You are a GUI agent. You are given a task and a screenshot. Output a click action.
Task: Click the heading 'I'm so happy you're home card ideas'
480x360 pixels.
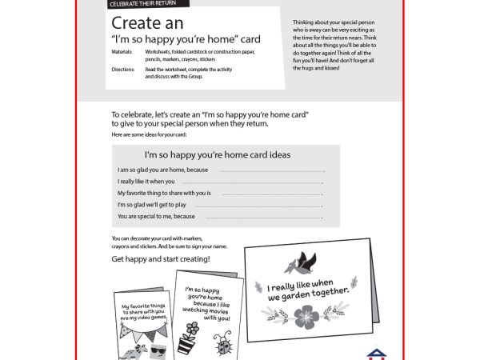pyautogui.click(x=217, y=154)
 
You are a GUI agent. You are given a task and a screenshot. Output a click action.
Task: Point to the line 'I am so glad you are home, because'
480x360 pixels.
pyautogui.click(x=162, y=170)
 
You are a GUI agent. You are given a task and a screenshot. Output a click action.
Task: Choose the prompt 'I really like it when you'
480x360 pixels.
pyautogui.click(x=146, y=181)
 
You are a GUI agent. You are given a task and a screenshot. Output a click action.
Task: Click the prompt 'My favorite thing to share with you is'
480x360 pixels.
pyautogui.click(x=164, y=193)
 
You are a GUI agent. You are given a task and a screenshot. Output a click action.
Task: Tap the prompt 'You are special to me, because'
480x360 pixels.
pyautogui.click(x=156, y=216)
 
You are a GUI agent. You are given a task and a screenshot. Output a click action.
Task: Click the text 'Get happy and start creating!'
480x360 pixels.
pyautogui.click(x=161, y=259)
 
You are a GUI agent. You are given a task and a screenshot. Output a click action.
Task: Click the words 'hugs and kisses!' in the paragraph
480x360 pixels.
pyautogui.click(x=318, y=68)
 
